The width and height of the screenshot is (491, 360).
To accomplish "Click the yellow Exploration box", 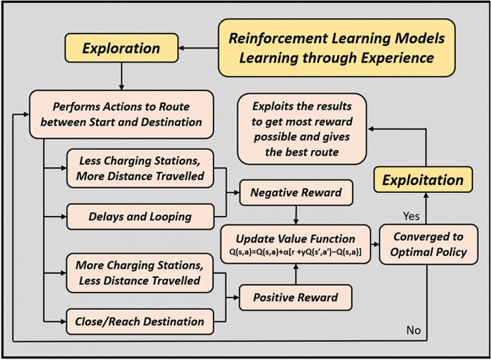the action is click(x=122, y=48).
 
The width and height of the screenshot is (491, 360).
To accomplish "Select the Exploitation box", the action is click(x=423, y=180).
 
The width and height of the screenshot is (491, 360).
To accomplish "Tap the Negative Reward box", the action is click(x=296, y=192).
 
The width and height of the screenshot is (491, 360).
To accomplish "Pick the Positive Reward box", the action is click(x=295, y=298).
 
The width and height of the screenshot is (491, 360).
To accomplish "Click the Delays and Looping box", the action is click(x=140, y=217).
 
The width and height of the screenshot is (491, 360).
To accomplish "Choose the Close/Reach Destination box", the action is click(x=140, y=321).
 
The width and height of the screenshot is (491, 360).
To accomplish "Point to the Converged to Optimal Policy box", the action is click(x=429, y=245).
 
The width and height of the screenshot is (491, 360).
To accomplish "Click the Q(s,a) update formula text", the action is click(x=295, y=252).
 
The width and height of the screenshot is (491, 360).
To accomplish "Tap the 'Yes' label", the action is click(x=411, y=216).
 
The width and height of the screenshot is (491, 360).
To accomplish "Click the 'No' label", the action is click(x=414, y=330).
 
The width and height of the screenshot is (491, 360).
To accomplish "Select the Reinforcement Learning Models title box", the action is click(x=337, y=48).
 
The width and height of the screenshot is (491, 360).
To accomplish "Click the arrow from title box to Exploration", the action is click(x=199, y=48).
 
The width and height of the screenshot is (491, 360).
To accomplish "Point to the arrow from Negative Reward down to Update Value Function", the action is click(x=296, y=215).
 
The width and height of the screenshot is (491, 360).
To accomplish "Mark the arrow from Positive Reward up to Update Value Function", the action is click(x=295, y=274).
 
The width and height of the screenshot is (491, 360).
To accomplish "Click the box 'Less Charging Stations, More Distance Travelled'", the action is click(x=140, y=169).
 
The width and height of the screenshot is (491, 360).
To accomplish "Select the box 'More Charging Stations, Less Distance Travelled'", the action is click(x=140, y=273).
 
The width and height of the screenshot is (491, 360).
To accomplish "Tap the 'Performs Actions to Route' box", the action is click(x=122, y=114).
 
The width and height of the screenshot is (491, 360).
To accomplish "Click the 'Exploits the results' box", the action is click(x=302, y=129).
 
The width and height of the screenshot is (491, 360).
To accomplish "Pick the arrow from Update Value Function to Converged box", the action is click(x=375, y=245).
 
